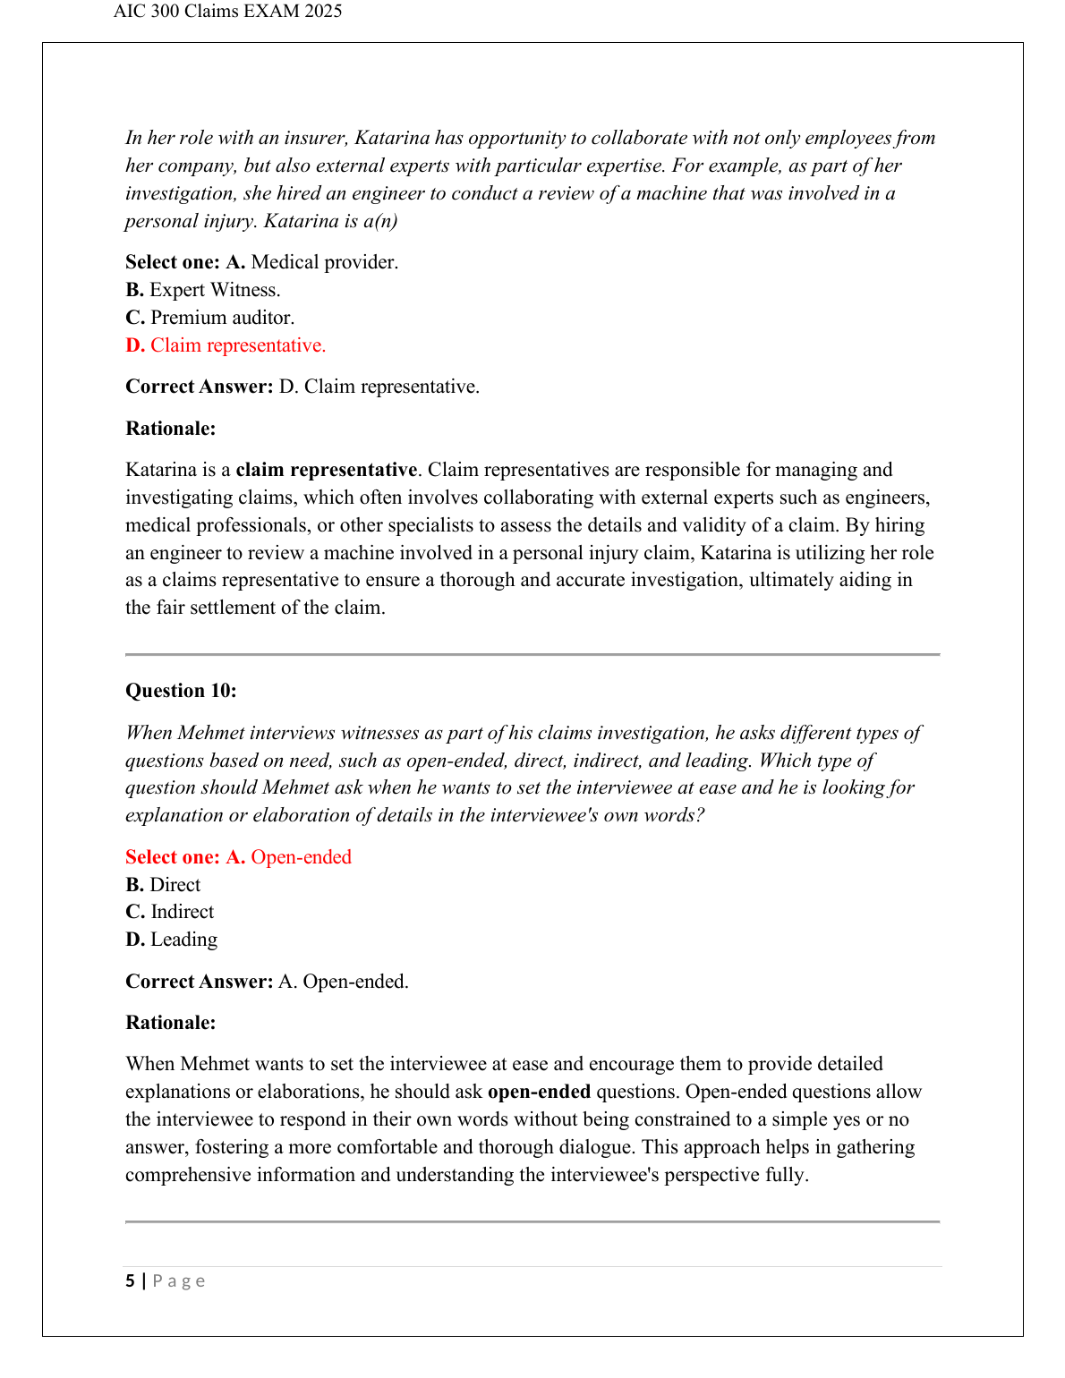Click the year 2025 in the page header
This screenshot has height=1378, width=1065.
323,12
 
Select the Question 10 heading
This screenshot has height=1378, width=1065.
181,691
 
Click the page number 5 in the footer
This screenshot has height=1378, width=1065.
131,1280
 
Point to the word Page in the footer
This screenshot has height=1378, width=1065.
179,1280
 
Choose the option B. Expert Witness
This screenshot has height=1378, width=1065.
203,290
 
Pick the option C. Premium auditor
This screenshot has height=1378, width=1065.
210,318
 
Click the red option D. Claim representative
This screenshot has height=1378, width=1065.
226,345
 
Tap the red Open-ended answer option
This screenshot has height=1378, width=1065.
301,857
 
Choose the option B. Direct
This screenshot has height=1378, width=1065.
164,885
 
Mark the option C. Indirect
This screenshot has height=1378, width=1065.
170,912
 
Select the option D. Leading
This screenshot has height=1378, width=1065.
172,940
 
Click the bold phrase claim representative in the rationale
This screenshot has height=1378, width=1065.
326,470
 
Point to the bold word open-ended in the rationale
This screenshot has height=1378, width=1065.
539,1092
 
